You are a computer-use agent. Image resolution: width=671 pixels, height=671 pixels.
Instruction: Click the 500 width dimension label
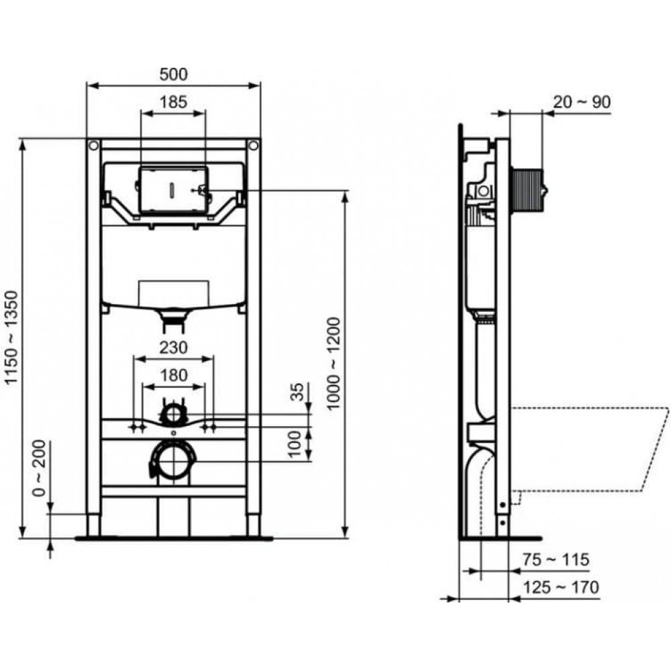pyautogui.click(x=173, y=74)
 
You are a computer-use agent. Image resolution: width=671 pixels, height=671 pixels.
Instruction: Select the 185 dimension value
pyautogui.click(x=173, y=102)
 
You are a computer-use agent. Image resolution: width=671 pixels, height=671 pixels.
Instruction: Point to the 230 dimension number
pyautogui.click(x=173, y=348)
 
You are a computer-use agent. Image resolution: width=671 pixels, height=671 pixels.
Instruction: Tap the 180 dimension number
pyautogui.click(x=173, y=375)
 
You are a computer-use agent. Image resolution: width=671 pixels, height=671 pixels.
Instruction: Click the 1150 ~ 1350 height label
pyautogui.click(x=11, y=338)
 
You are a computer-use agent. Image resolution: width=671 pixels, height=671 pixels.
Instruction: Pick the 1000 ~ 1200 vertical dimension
pyautogui.click(x=333, y=364)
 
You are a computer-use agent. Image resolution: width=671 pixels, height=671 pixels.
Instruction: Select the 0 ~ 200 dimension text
pyautogui.click(x=40, y=468)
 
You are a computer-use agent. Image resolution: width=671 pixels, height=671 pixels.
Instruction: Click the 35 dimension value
pyautogui.click(x=297, y=392)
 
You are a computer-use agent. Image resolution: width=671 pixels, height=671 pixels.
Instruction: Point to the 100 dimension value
pyautogui.click(x=296, y=444)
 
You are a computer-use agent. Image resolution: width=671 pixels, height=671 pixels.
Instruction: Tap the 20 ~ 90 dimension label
pyautogui.click(x=582, y=102)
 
